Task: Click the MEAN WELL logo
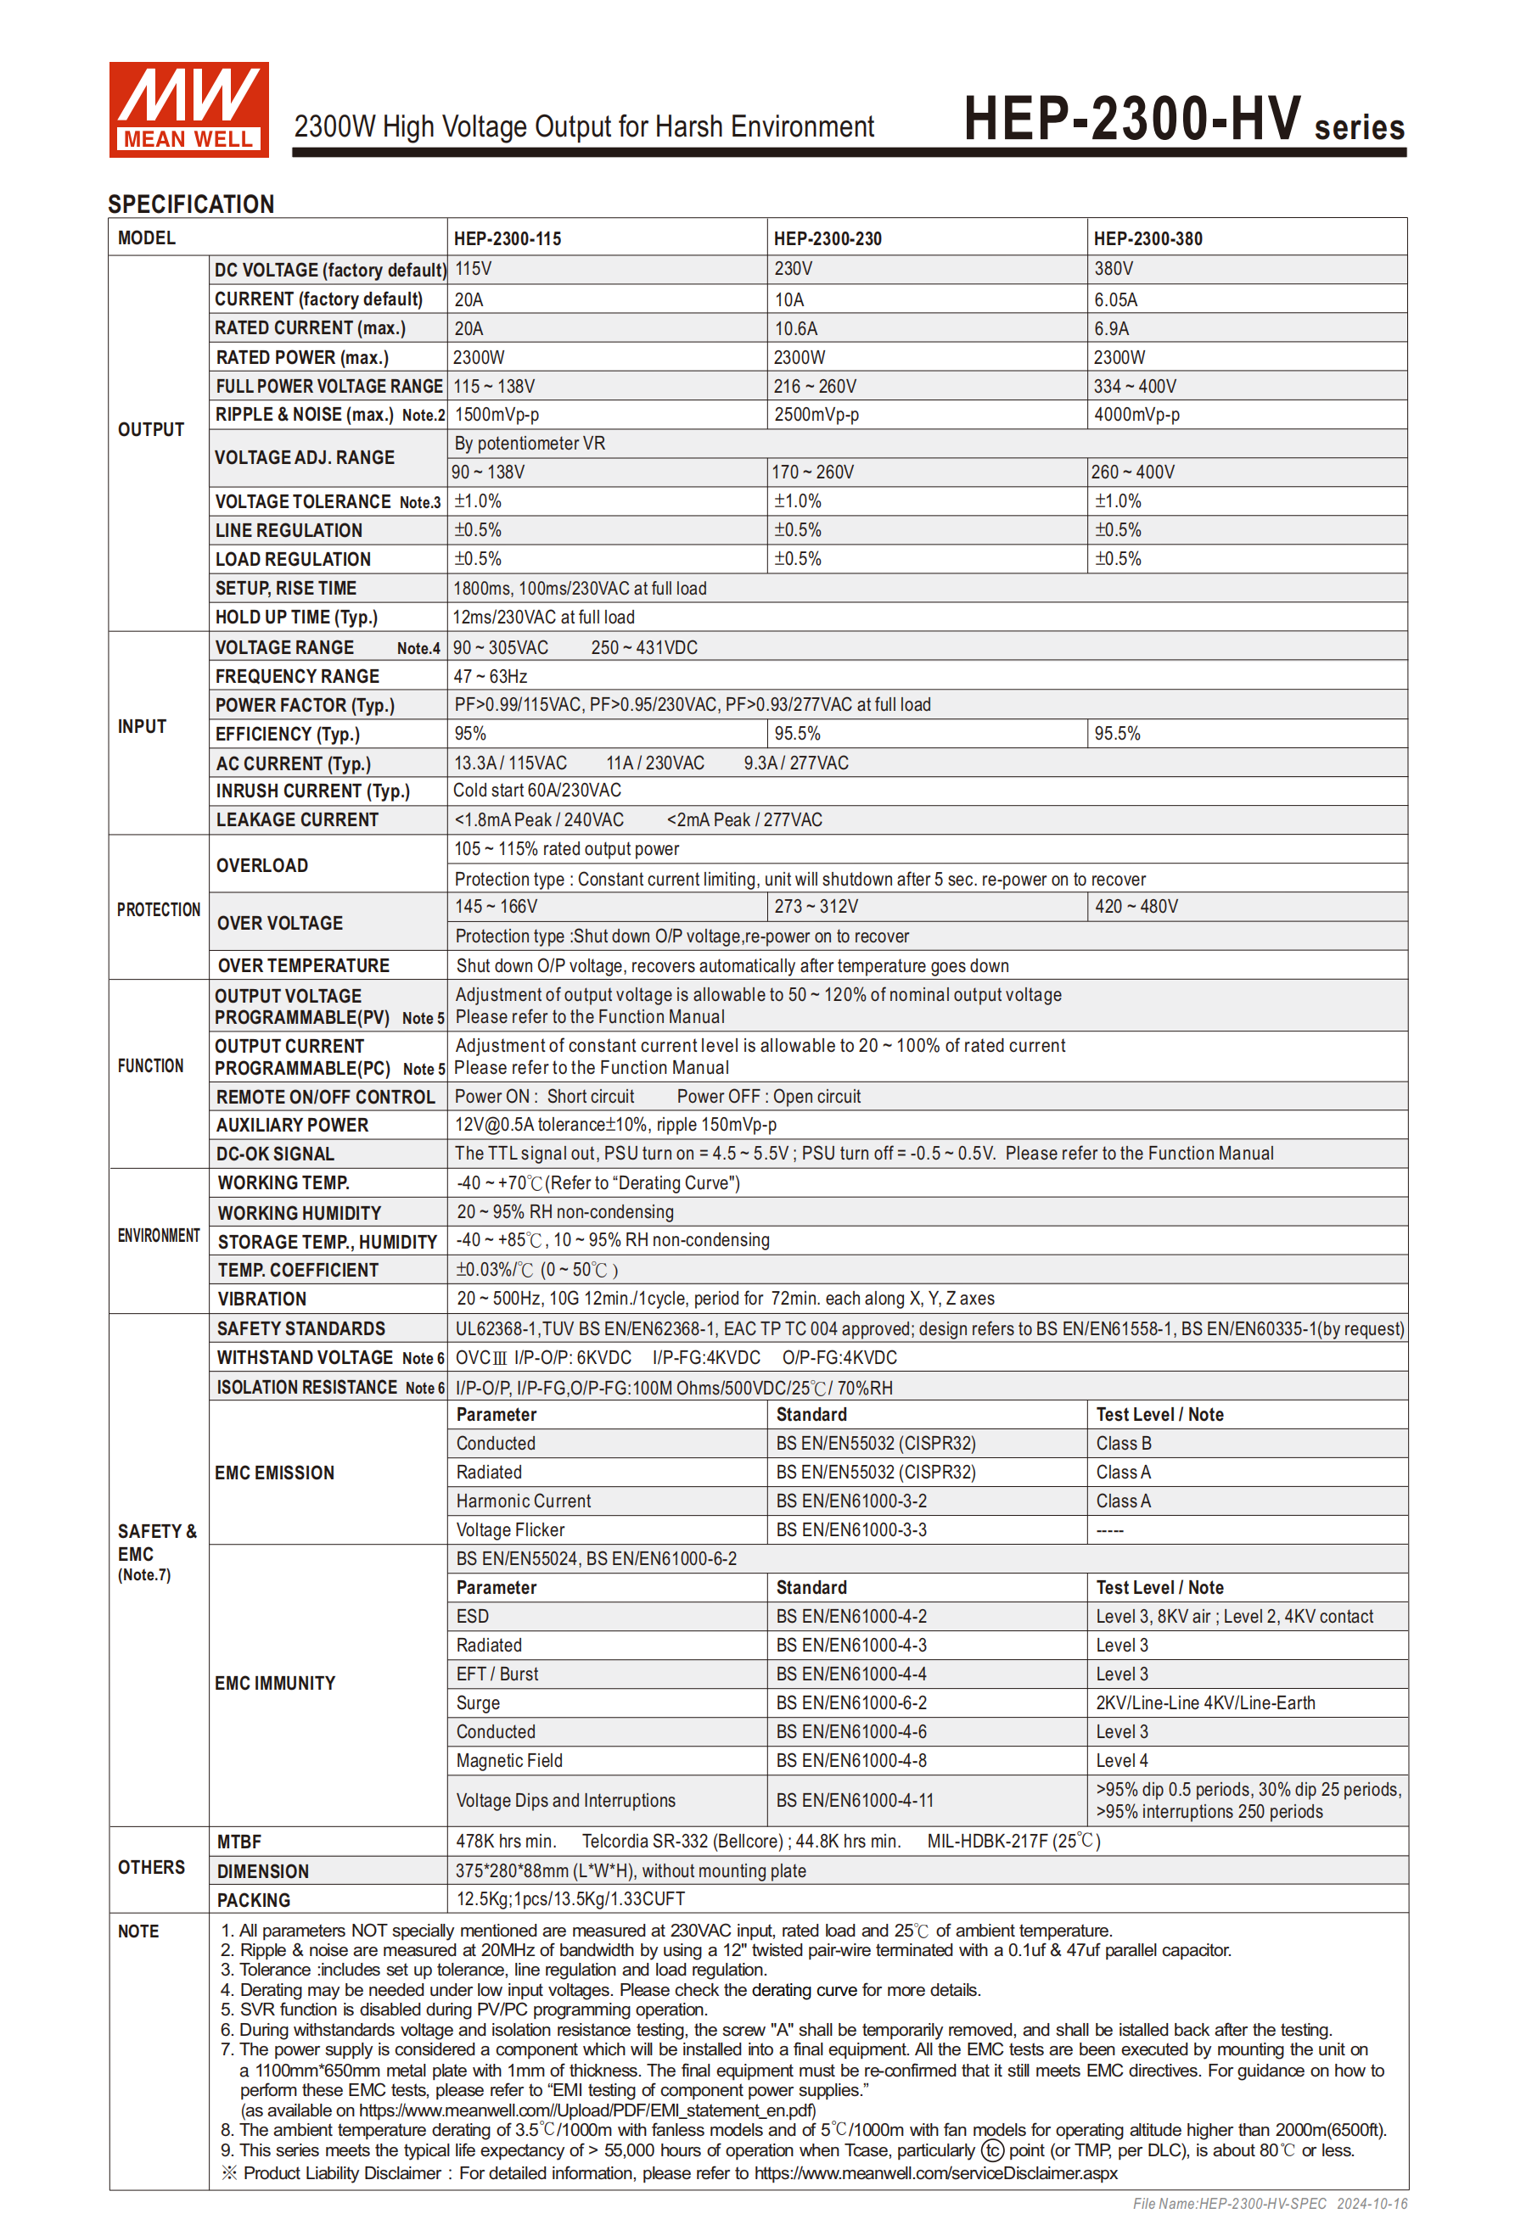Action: tap(188, 109)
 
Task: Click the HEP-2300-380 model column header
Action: tap(1147, 238)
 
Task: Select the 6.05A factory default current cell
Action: tap(1115, 299)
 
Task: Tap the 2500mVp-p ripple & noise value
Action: tap(816, 415)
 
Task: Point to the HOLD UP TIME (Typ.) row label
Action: tap(296, 617)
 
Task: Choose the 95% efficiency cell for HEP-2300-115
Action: tap(471, 733)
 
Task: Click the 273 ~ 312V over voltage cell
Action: tap(816, 906)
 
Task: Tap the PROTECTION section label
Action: tap(159, 909)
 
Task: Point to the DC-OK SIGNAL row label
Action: tap(275, 1154)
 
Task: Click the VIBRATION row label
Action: tap(261, 1299)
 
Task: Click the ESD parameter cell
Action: tap(473, 1617)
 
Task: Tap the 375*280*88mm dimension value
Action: tap(631, 1870)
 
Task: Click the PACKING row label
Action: tap(253, 1900)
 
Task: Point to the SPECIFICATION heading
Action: tap(191, 204)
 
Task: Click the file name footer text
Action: tap(1269, 2203)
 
